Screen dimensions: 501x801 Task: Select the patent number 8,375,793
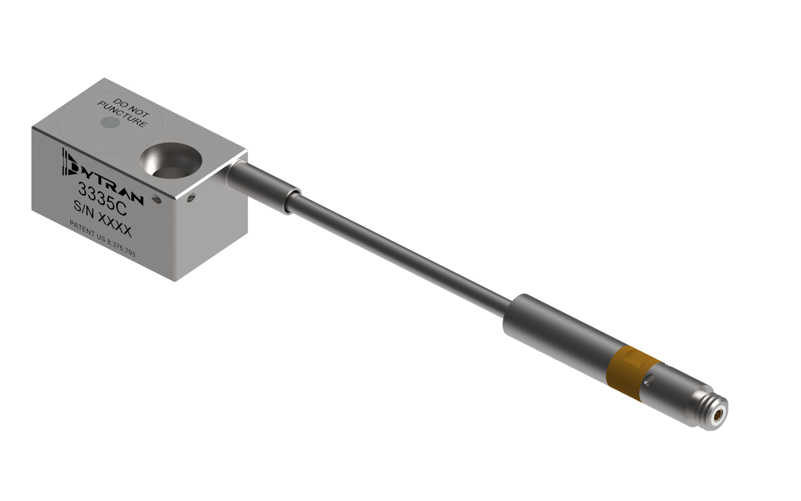pos(121,248)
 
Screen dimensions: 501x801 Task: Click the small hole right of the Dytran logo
pos(157,200)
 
